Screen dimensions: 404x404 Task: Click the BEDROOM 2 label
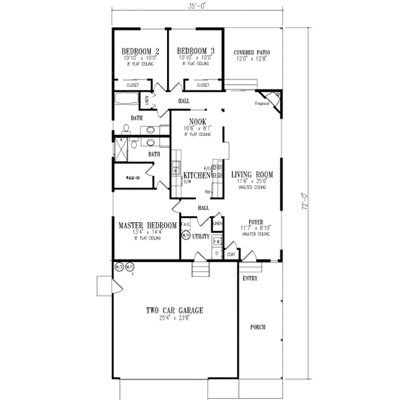[x=140, y=52]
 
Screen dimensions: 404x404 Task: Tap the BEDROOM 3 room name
[x=195, y=52]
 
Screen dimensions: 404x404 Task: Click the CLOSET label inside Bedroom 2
[x=133, y=86]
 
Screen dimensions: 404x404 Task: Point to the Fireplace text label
[x=262, y=104]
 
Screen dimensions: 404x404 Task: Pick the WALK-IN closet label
[x=133, y=178]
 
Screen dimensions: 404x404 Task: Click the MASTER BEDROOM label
[x=147, y=226]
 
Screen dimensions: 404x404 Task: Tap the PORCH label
[x=257, y=327]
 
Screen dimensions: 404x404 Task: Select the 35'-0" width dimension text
[x=196, y=6]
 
